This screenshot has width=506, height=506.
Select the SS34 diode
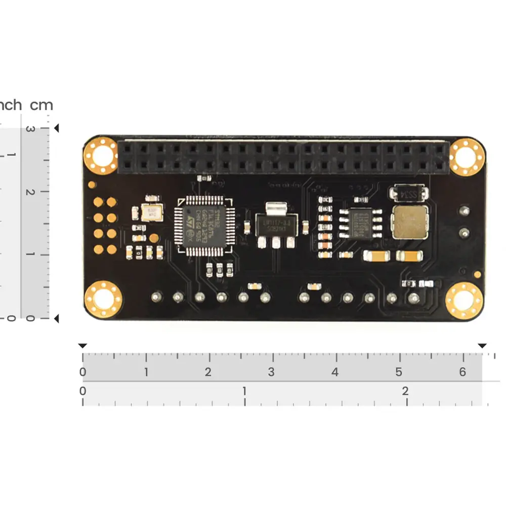pyautogui.click(x=408, y=193)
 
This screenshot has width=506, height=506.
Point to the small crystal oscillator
pyautogui.click(x=151, y=213)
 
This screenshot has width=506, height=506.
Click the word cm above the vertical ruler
pyautogui.click(x=41, y=105)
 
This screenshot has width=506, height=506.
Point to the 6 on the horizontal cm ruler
pyautogui.click(x=462, y=372)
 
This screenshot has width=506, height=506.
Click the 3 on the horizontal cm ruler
pyautogui.click(x=271, y=372)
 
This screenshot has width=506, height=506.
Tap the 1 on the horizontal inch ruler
pyautogui.click(x=244, y=391)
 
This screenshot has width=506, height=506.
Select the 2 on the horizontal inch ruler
pyautogui.click(x=405, y=391)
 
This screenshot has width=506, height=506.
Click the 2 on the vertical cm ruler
pyautogui.click(x=30, y=192)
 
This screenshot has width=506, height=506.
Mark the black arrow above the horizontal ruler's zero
pyautogui.click(x=82, y=346)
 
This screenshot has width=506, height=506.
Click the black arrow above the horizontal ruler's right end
pyautogui.click(x=482, y=346)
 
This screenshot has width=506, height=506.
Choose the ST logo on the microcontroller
pyautogui.click(x=191, y=221)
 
